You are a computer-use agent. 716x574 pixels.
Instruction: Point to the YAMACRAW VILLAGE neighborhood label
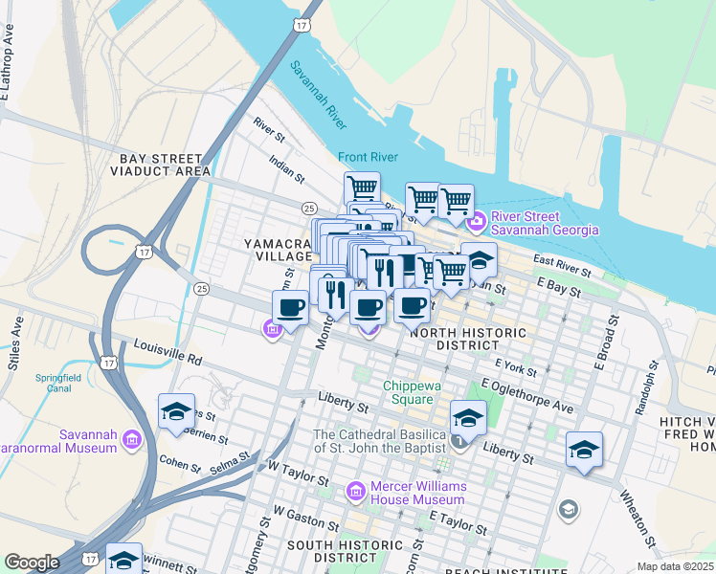coord(279,250)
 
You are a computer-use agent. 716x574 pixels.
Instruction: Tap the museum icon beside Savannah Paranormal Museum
coord(131,440)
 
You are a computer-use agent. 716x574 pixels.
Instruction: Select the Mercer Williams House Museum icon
coord(355,492)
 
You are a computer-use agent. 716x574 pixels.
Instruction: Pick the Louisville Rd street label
coord(168,352)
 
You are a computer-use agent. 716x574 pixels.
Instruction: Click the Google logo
coord(31,563)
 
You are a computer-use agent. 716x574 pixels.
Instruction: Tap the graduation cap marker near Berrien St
coord(177,411)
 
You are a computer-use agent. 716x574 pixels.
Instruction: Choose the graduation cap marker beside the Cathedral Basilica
coord(468,418)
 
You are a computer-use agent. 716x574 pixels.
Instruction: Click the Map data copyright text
coord(676,566)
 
